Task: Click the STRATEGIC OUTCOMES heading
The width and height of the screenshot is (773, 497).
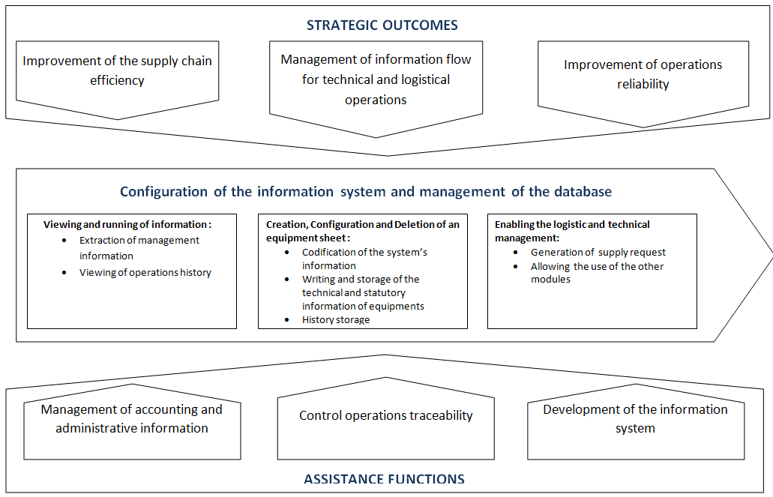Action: [x=382, y=25]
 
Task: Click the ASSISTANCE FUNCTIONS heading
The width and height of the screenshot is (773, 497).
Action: [x=384, y=479]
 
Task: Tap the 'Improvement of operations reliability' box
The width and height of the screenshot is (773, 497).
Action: [x=643, y=84]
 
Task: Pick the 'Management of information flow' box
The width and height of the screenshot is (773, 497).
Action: [x=376, y=88]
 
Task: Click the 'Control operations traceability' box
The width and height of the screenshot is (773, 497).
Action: [x=386, y=418]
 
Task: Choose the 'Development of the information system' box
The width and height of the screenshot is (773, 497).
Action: [x=636, y=421]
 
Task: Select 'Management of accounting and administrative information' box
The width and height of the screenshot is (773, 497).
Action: [x=132, y=421]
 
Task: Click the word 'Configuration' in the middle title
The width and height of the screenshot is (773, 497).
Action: [x=163, y=191]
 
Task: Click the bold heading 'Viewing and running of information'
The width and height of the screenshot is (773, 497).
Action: [x=127, y=224]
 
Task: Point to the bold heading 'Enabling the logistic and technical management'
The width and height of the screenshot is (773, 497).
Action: [x=572, y=231]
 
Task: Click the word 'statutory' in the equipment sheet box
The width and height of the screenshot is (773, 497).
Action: [x=385, y=293]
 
